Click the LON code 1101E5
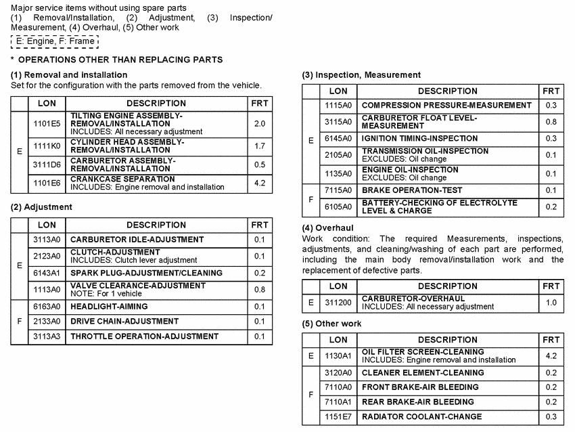pos(47,124)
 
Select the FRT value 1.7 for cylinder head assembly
pos(260,146)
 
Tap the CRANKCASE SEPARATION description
pos(122,179)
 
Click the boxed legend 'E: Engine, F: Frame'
pos(55,41)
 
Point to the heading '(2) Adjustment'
pos(41,207)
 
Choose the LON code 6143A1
pos(47,273)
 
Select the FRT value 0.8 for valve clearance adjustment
pos(260,290)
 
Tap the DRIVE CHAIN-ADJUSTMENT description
pos(124,321)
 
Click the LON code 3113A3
pos(47,336)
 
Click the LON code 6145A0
pos(338,138)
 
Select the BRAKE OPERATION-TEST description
pos(412,190)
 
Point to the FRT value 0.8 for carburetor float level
pos(551,122)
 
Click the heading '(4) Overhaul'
pos(327,228)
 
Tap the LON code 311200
pos(338,303)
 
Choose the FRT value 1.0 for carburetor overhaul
pos(551,303)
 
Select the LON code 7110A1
pos(338,402)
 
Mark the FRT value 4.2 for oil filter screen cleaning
pos(551,355)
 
